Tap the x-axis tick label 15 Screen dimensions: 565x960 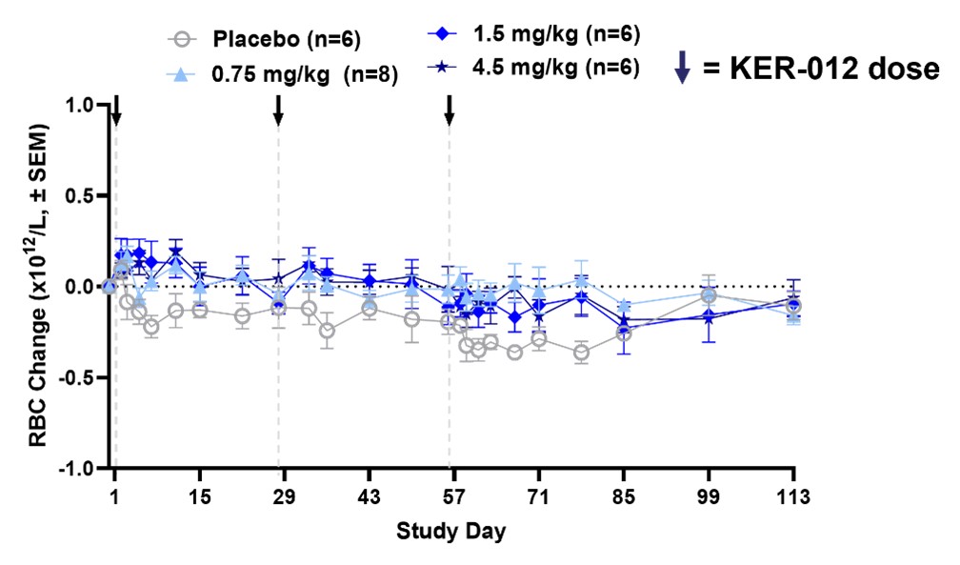199,497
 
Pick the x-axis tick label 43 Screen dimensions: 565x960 370,497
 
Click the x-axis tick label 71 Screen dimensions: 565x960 539,497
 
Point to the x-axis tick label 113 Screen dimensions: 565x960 793,497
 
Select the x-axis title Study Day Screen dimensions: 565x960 450,530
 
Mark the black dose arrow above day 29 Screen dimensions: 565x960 278,111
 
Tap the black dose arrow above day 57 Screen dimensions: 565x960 449,111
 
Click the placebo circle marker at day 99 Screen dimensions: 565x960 709,294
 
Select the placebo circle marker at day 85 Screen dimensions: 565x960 624,333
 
